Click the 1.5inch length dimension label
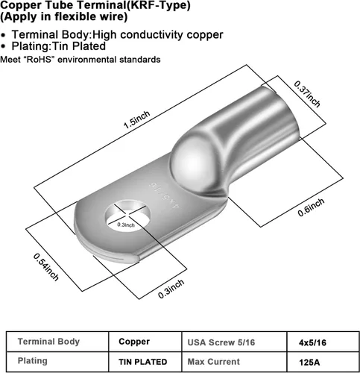137,120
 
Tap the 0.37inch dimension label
307,94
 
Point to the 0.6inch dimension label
312,207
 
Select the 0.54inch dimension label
46,267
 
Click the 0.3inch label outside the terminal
171,289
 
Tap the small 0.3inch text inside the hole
126,225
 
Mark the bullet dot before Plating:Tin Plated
3,46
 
